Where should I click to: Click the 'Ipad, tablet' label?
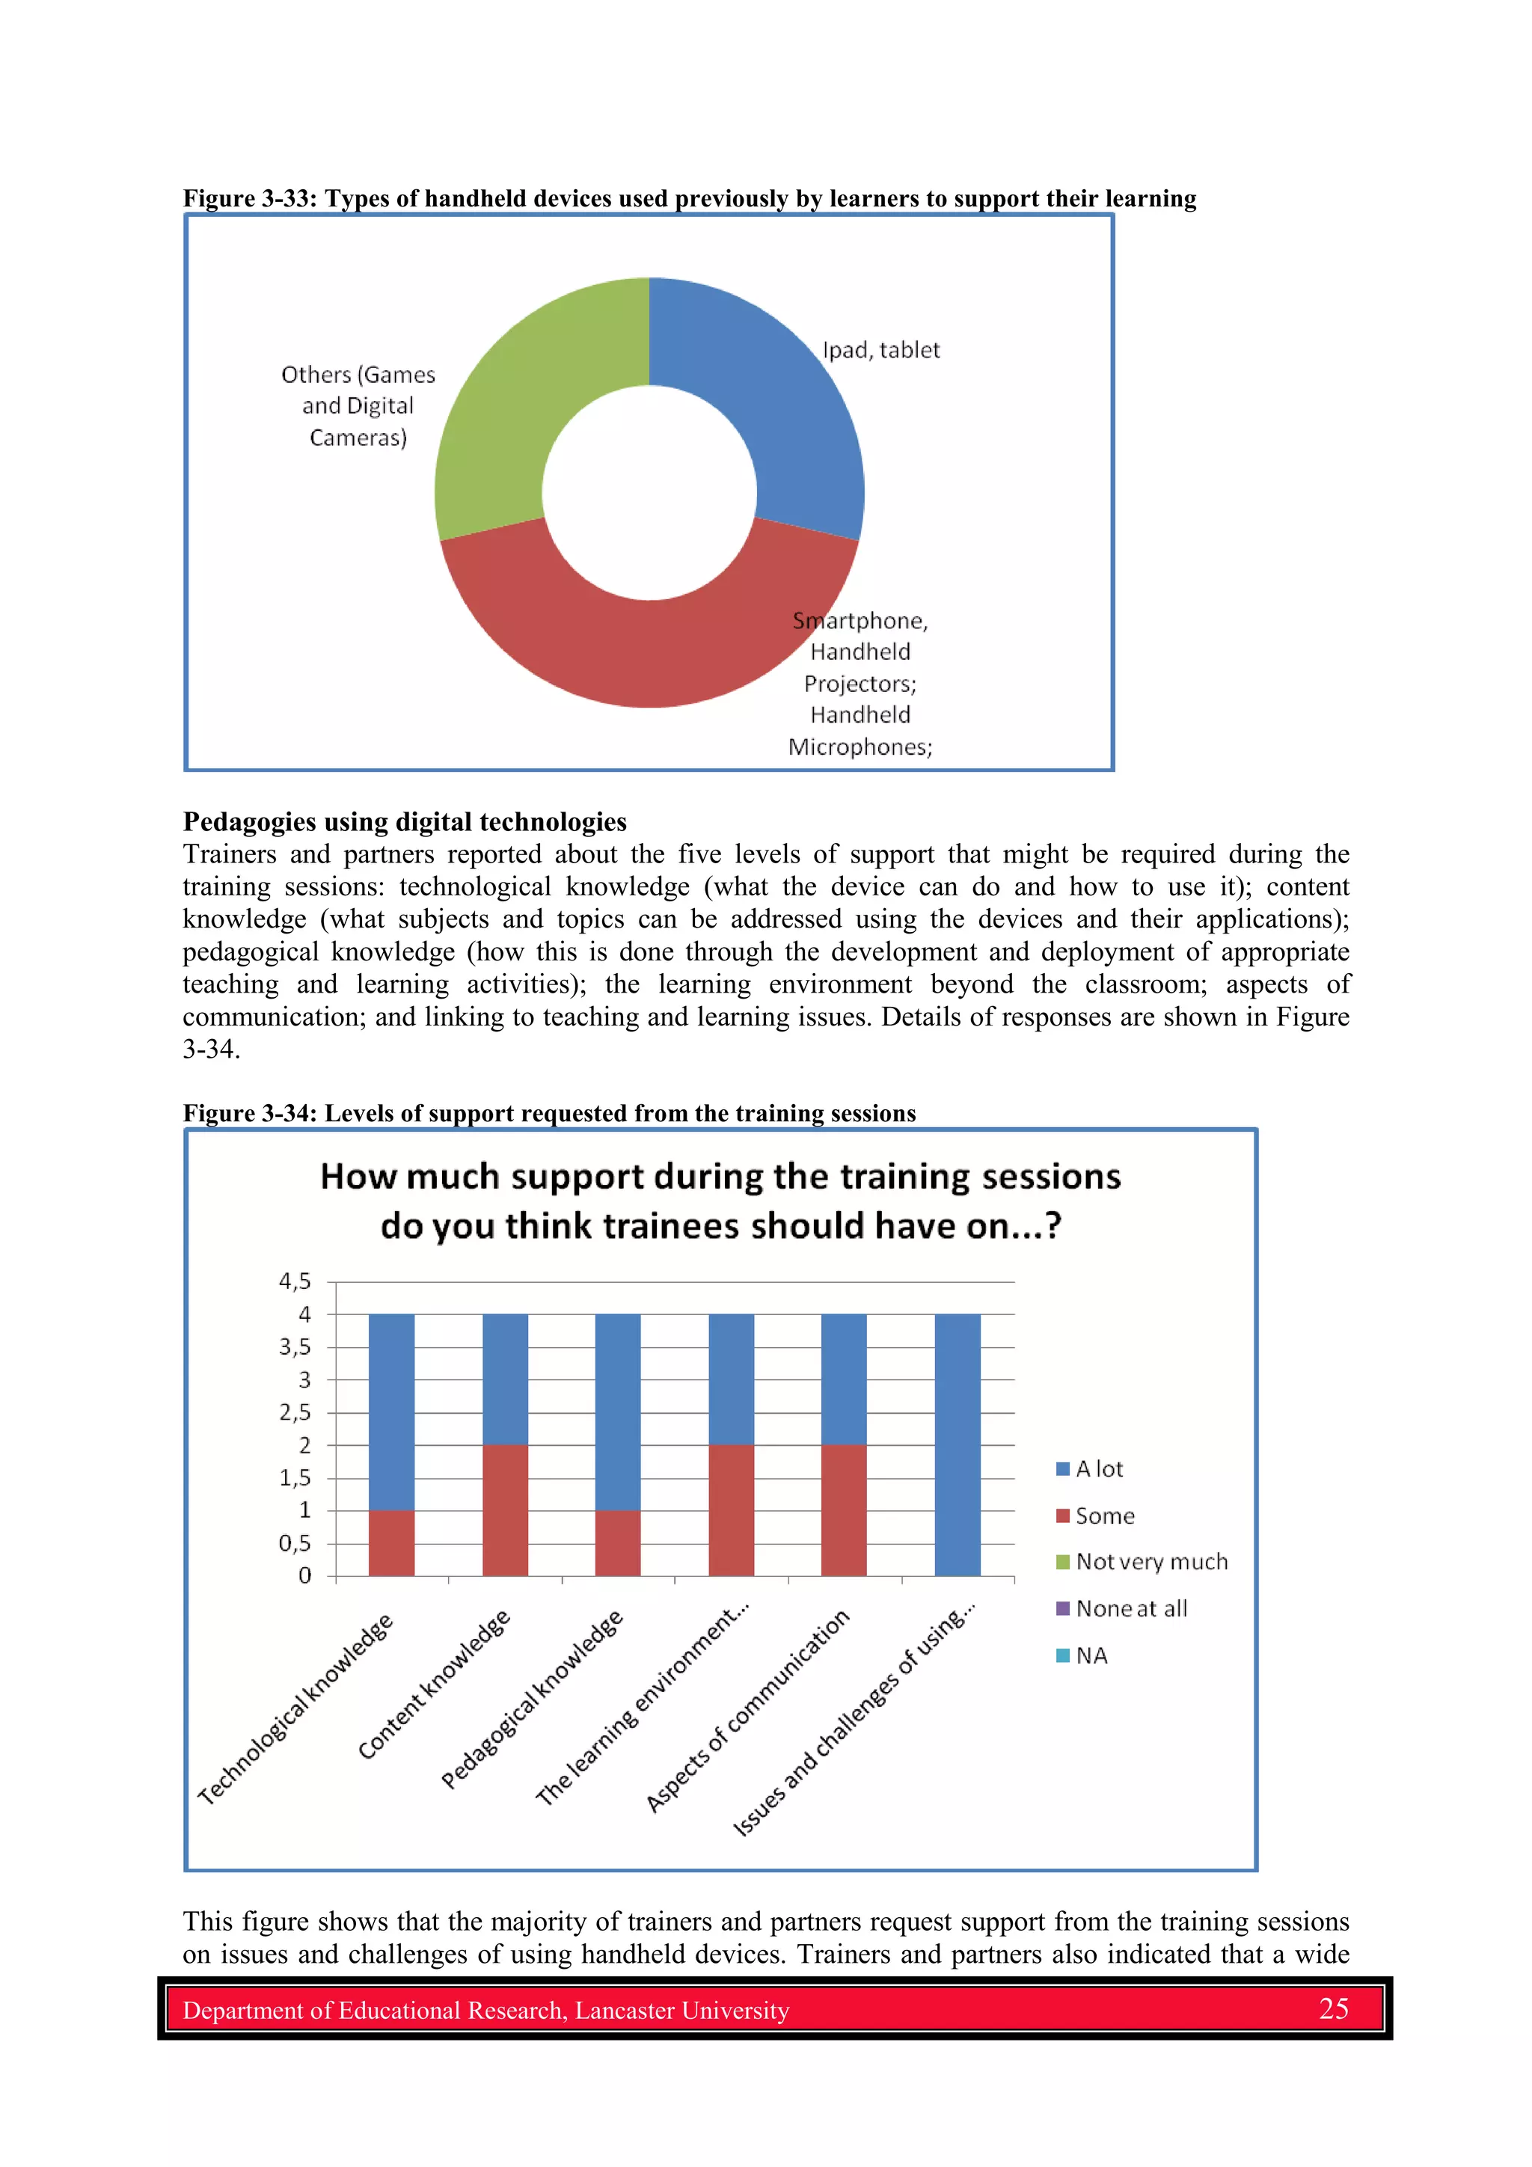880,350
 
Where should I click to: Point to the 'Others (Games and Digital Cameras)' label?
358,406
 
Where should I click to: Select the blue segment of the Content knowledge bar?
505,1378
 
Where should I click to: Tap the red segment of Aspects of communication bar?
844,1509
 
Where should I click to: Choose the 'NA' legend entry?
1090,1655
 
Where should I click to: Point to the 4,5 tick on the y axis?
295,1281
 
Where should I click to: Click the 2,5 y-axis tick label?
295,1412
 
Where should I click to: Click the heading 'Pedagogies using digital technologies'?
404,822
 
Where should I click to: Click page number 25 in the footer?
1333,2009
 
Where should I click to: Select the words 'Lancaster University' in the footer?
681,2011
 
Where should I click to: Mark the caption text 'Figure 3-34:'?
250,1114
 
